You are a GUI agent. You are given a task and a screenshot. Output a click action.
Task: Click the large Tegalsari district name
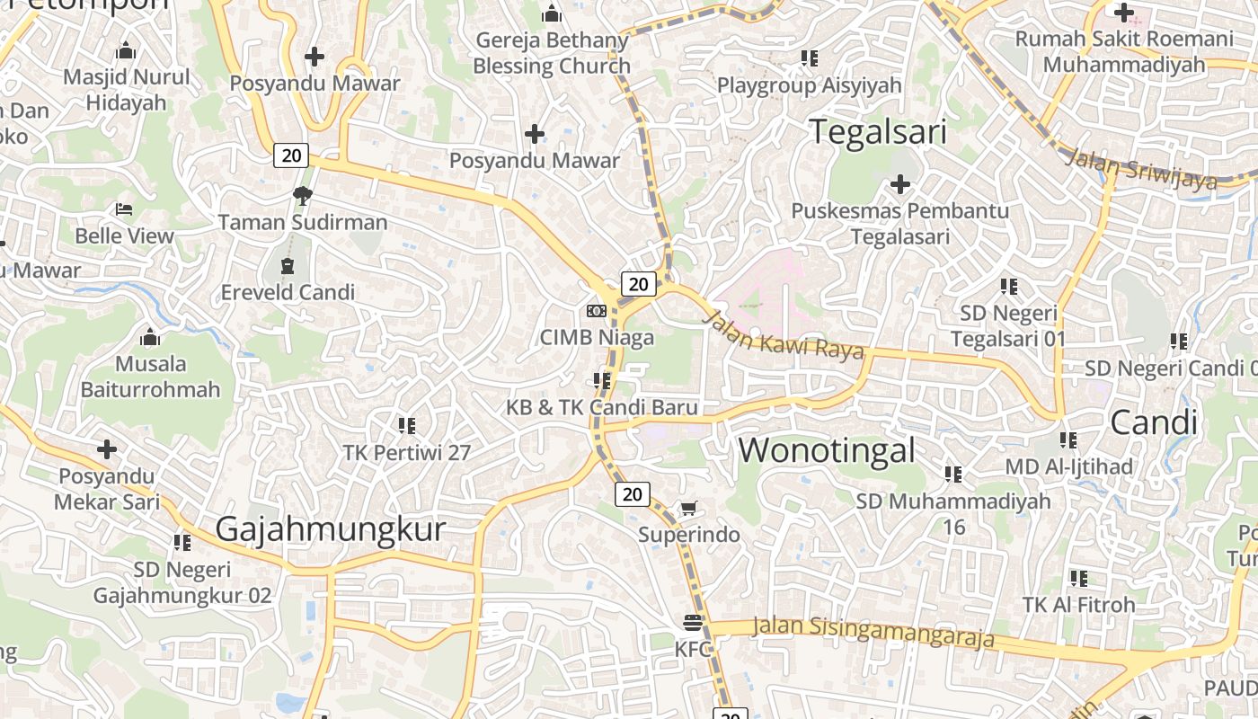(879, 132)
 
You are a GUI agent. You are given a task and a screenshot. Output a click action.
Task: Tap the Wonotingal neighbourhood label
(827, 450)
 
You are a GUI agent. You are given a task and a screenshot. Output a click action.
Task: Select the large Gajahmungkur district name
(331, 529)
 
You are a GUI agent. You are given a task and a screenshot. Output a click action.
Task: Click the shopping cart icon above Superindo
(689, 510)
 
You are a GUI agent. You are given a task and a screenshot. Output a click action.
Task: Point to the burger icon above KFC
(693, 622)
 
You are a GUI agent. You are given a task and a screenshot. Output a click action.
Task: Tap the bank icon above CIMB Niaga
(596, 311)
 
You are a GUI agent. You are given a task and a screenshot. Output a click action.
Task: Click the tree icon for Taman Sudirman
(303, 195)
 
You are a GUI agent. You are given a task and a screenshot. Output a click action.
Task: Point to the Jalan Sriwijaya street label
(1141, 170)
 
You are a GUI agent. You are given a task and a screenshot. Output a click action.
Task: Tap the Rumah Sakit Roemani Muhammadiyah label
(1124, 51)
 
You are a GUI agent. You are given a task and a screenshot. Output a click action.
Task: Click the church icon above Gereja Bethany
(552, 14)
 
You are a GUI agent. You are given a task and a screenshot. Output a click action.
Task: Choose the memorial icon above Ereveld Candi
(288, 266)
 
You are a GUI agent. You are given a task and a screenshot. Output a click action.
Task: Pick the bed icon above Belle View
(124, 209)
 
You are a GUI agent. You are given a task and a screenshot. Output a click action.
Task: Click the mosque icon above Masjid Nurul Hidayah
(127, 50)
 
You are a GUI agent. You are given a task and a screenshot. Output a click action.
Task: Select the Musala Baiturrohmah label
(150, 377)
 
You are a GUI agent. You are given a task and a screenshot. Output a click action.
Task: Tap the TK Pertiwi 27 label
(407, 452)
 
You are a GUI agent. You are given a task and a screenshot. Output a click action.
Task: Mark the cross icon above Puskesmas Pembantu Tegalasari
(899, 184)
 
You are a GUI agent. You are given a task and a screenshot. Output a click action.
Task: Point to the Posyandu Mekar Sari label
(107, 488)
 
